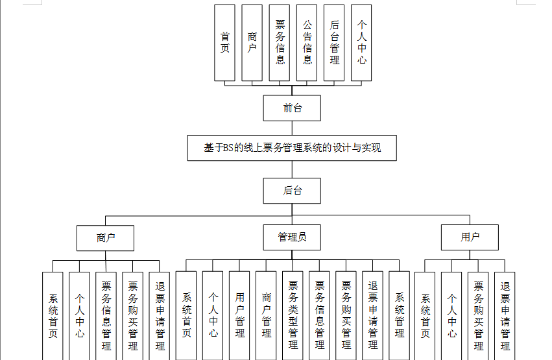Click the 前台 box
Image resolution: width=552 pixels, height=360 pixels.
click(x=292, y=108)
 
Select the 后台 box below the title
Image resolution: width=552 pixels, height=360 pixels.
click(x=292, y=191)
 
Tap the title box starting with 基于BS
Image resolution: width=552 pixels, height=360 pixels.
click(x=292, y=148)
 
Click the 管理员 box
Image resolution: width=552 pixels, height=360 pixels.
click(x=292, y=237)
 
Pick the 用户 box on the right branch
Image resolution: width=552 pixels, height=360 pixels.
click(x=470, y=237)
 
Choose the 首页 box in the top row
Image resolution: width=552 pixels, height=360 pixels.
click(x=225, y=43)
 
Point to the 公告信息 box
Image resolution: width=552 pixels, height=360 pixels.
click(x=307, y=43)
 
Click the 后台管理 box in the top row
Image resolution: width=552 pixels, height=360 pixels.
click(x=334, y=43)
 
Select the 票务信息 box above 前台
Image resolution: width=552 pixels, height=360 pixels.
click(x=280, y=43)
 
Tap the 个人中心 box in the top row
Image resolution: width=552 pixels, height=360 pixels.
click(x=361, y=43)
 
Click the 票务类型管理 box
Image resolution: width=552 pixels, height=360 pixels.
click(x=293, y=315)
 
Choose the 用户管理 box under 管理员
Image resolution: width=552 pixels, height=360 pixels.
click(x=239, y=315)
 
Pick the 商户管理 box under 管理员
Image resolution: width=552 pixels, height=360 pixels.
click(x=266, y=315)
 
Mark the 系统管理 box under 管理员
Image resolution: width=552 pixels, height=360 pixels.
click(x=399, y=315)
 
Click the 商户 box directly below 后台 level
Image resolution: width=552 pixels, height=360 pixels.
click(x=105, y=237)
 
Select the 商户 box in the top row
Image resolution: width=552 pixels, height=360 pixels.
click(x=252, y=43)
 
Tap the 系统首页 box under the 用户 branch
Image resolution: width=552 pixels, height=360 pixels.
click(x=425, y=315)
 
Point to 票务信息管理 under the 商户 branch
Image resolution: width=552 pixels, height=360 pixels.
click(x=106, y=315)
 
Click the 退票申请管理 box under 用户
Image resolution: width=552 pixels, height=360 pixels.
click(x=505, y=315)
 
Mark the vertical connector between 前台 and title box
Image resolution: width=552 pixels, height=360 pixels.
click(x=292, y=128)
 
